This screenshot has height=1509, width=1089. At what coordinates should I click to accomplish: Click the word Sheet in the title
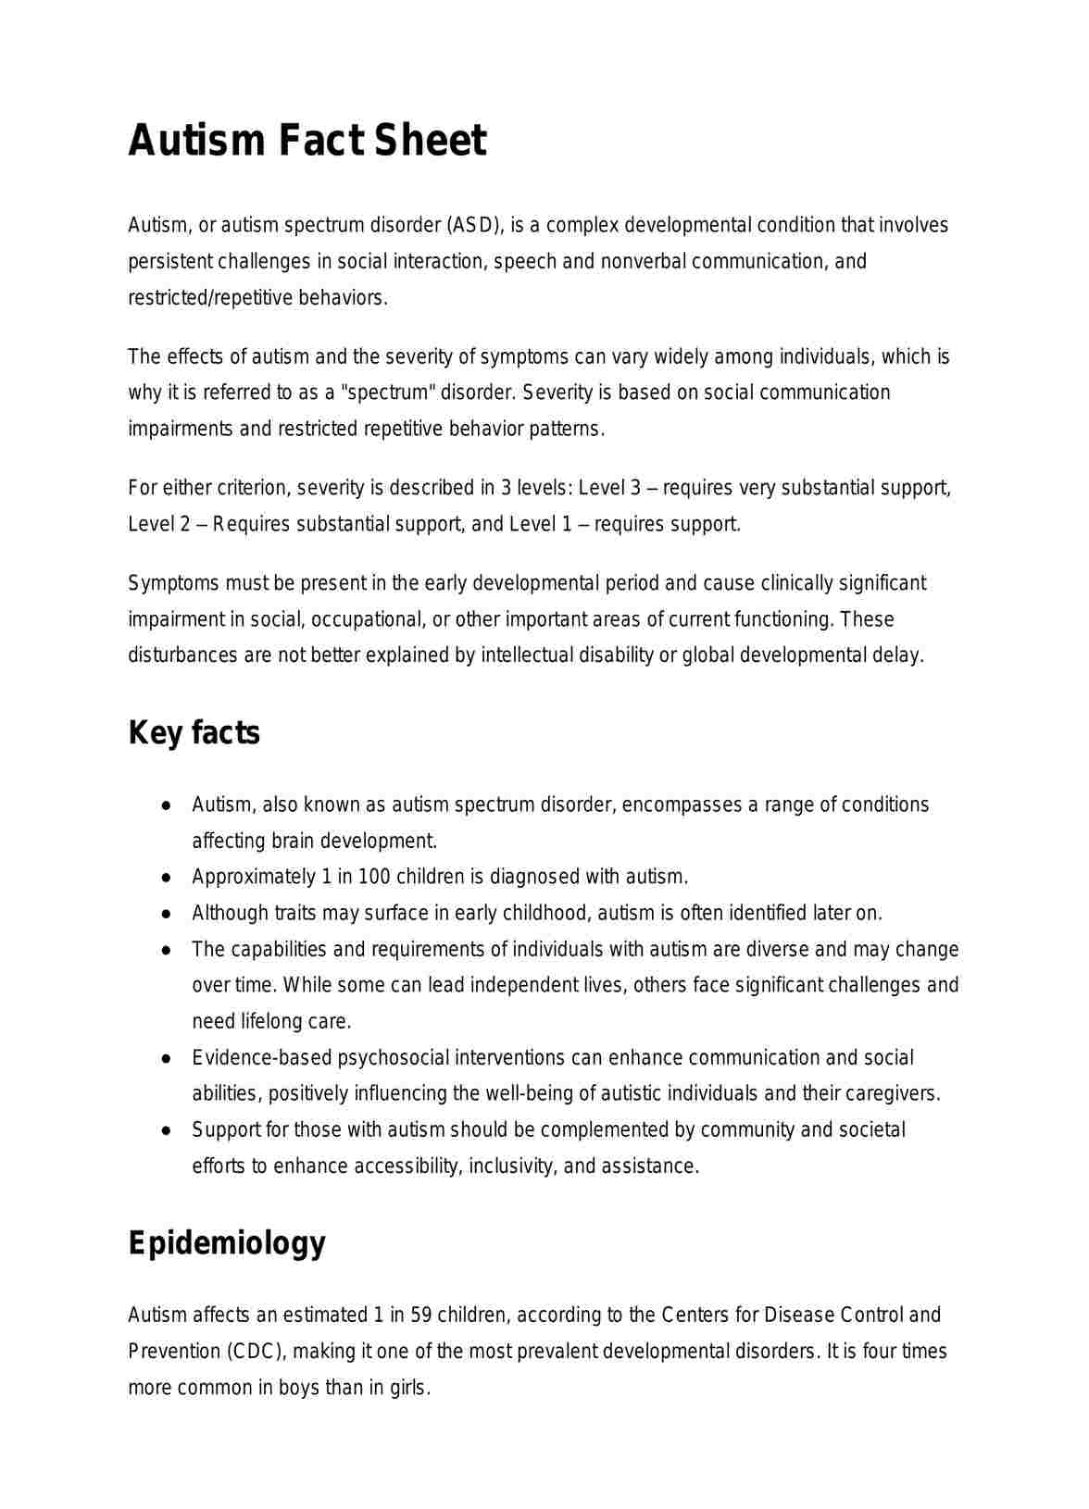tap(430, 141)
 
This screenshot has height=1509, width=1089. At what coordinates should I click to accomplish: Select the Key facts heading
tap(194, 732)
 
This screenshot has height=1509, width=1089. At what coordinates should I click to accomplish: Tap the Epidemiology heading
tap(227, 1243)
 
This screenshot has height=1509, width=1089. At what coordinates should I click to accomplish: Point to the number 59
tap(419, 1315)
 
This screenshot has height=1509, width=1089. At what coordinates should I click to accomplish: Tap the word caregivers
tap(895, 1093)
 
